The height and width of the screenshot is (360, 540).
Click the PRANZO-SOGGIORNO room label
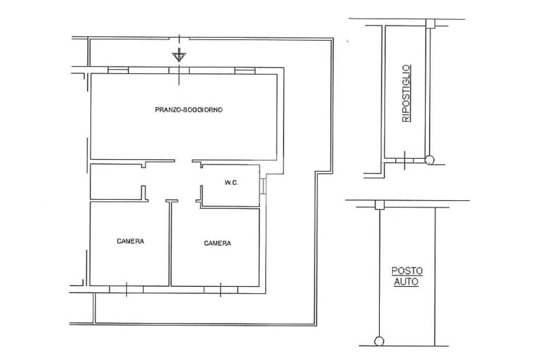point(189,110)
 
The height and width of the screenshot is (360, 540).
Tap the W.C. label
point(232,183)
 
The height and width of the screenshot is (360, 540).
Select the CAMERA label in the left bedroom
point(130,241)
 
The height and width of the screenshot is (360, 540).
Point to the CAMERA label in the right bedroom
point(217,244)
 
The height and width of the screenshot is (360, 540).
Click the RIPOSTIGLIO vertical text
point(407,93)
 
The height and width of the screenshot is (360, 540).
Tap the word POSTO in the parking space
point(407,271)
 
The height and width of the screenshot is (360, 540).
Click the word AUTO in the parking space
point(407,282)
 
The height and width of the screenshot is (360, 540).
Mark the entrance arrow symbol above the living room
point(178,55)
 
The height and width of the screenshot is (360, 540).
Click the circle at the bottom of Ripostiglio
point(429,160)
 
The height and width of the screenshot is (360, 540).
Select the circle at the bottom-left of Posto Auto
point(379,341)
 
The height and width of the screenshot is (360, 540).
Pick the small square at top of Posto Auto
point(380,205)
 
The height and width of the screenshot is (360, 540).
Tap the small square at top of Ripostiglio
point(430,23)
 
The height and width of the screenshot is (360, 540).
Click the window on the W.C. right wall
point(263,186)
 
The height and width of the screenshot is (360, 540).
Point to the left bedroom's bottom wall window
point(126,289)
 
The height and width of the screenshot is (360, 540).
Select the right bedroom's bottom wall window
point(220,290)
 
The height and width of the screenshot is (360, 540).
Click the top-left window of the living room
point(118,70)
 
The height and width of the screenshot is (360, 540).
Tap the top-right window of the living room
point(245,71)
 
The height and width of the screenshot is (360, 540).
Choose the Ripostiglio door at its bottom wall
point(404,160)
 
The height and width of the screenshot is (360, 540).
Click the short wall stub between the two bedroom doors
point(172,201)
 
